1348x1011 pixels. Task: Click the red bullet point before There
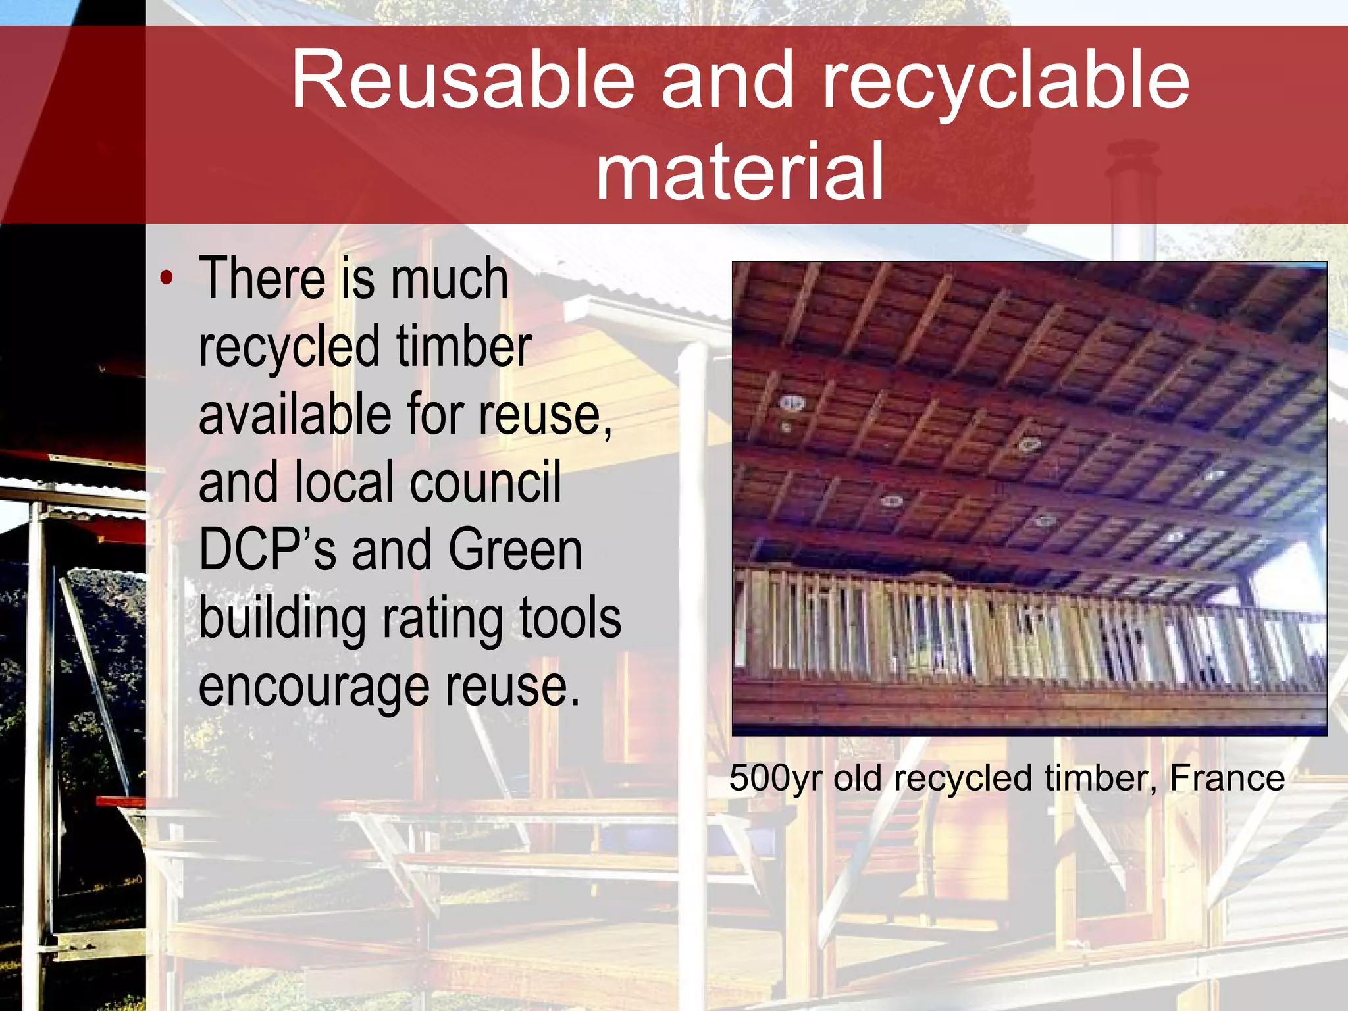167,278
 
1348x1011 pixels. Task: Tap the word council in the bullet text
486,482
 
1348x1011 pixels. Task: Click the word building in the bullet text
282,619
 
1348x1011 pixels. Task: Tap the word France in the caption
1227,779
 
